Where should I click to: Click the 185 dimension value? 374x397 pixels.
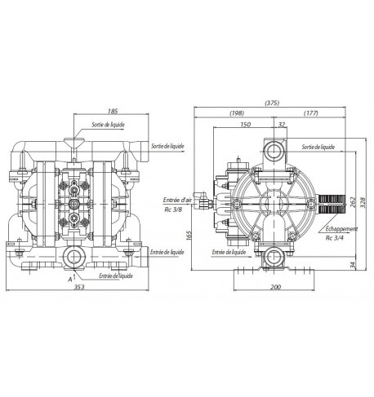[x=113, y=111]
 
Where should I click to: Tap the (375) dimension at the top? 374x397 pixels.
[x=272, y=103]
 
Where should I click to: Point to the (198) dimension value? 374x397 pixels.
[x=237, y=113]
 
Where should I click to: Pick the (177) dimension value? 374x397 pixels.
[x=311, y=113]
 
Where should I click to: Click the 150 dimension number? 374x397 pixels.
[x=246, y=125]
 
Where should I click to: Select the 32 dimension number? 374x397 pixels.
[x=282, y=125]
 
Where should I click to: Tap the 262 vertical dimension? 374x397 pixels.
[x=352, y=202]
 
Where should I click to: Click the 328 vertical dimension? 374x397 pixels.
[x=363, y=202]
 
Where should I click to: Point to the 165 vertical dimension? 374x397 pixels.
[x=189, y=236]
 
